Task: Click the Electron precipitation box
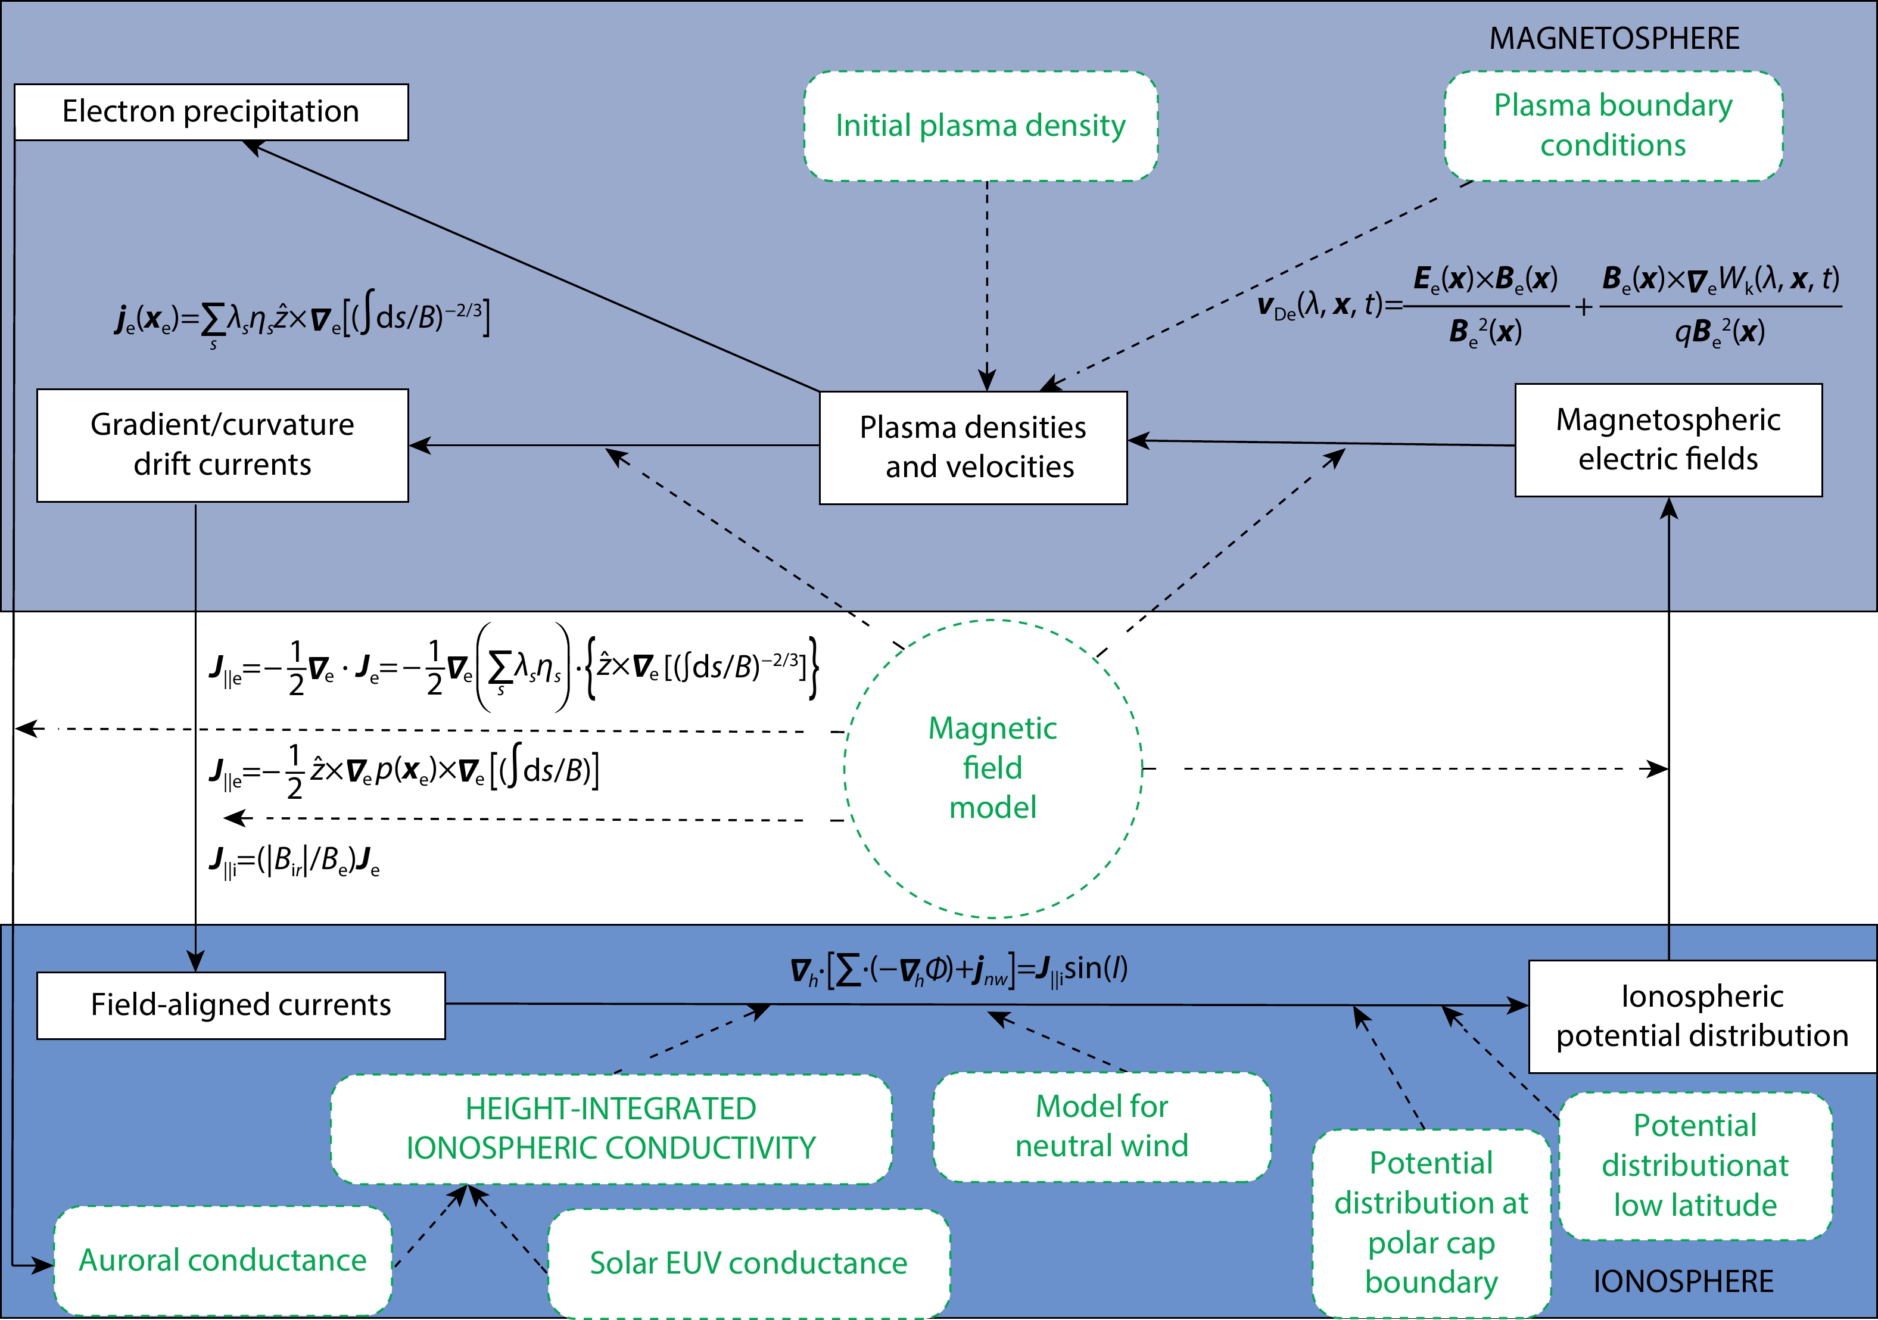211,112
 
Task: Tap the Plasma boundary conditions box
1613,125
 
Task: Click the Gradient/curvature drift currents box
223,445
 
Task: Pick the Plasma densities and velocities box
973,447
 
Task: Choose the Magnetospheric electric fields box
1668,440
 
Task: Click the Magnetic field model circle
993,767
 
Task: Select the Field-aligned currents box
241,1005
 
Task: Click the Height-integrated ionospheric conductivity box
611,1129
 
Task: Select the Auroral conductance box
223,1260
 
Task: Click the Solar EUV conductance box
749,1263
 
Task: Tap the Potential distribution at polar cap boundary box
1431,1223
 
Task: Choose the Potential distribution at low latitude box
1695,1166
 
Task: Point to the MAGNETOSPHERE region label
1614,39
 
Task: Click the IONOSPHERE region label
1683,1281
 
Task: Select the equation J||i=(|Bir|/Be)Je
294,861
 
